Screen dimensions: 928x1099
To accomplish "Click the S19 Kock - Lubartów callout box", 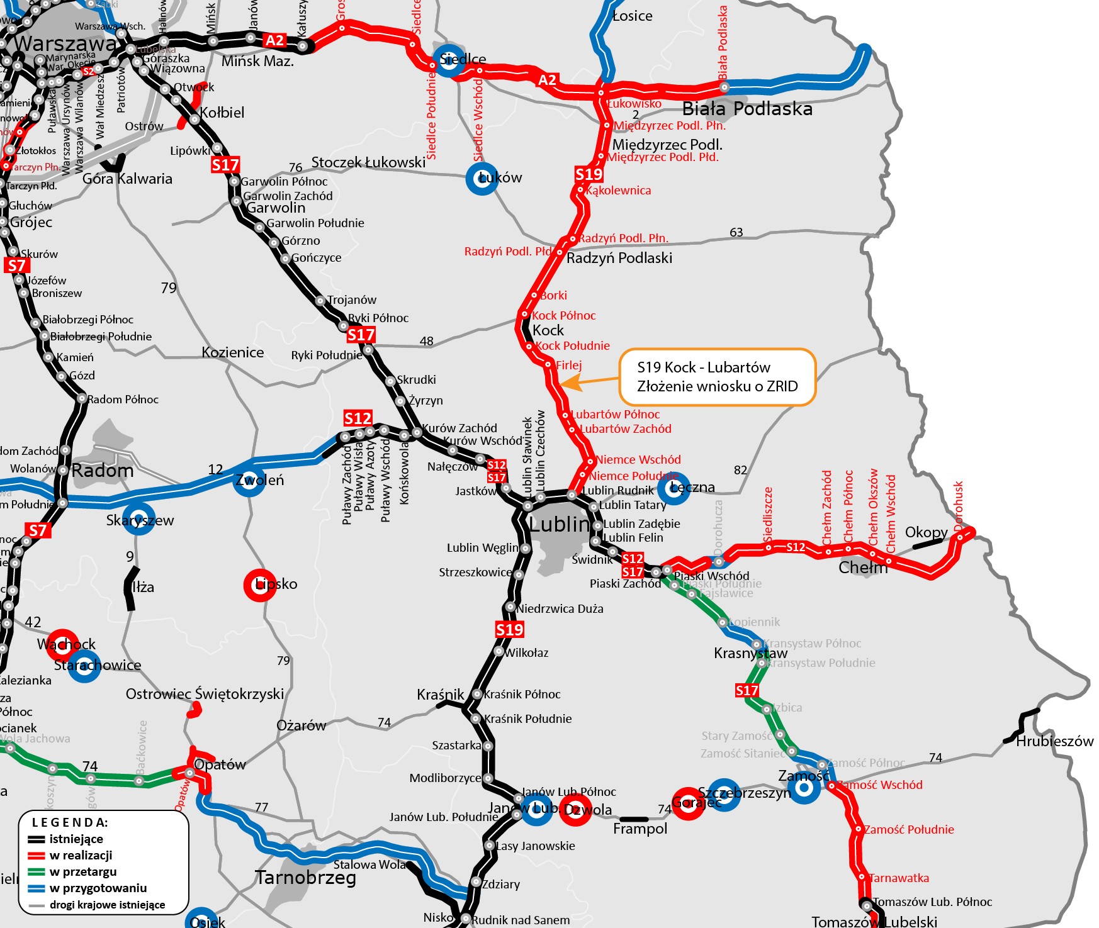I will point(717,377).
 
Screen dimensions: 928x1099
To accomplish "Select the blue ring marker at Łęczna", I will point(673,488).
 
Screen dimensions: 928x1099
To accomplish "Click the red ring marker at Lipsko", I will point(259,584).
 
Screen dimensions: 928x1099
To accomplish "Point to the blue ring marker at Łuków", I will point(482,178).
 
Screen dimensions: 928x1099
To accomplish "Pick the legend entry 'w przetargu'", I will point(82,871).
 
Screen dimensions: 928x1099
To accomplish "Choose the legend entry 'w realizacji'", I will point(81,855).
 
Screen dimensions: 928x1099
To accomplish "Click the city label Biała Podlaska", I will point(747,109).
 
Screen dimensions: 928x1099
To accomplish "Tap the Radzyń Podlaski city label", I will point(619,258).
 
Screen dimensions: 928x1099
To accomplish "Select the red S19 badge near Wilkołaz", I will point(509,629).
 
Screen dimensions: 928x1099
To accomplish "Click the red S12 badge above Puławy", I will point(358,418).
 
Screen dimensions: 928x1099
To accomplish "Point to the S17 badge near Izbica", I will point(747,690).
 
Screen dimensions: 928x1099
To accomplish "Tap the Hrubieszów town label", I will point(1054,741).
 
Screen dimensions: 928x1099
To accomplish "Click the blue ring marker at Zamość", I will point(804,787).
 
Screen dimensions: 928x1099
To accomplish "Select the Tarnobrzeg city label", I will point(305,877).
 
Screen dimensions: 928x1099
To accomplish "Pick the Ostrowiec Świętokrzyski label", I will point(205,694).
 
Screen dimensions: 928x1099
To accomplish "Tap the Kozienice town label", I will point(233,352).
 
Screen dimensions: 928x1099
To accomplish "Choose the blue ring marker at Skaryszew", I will point(138,519).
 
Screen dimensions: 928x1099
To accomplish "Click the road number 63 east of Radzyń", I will point(736,232).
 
